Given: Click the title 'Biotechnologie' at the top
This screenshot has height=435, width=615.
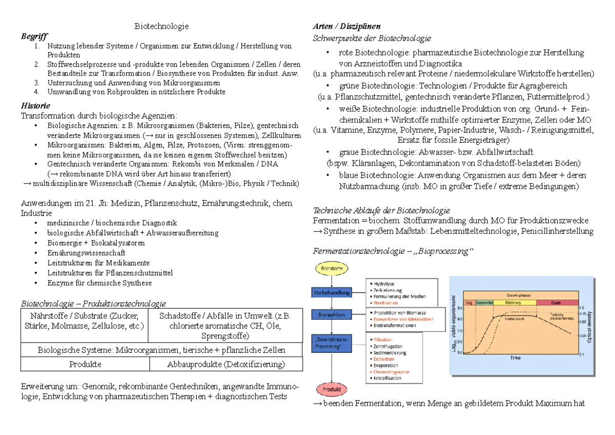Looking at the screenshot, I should click(x=161, y=26).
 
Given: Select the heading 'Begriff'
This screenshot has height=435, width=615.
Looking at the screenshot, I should click(x=34, y=37).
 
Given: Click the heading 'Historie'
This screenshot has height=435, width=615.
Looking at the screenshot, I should click(x=35, y=106).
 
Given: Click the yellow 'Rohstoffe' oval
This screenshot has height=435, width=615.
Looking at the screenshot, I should click(x=332, y=268).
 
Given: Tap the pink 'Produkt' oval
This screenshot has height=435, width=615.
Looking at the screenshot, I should click(x=332, y=389).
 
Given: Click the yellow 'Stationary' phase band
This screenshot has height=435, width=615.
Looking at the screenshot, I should click(x=514, y=303).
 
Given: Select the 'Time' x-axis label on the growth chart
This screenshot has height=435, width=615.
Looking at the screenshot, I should click(x=514, y=358).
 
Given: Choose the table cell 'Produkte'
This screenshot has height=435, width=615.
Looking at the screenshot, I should click(x=85, y=364).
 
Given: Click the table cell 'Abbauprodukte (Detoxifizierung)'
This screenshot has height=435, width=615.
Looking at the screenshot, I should click(x=225, y=364).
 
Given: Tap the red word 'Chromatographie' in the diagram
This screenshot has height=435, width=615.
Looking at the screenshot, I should click(x=392, y=371).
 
